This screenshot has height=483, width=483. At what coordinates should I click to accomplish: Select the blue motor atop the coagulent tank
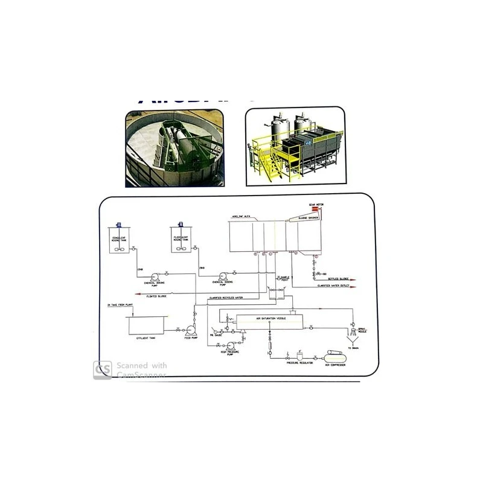120,222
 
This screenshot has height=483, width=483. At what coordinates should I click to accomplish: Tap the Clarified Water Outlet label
337,286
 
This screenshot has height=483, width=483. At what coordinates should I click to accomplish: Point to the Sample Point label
285,278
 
